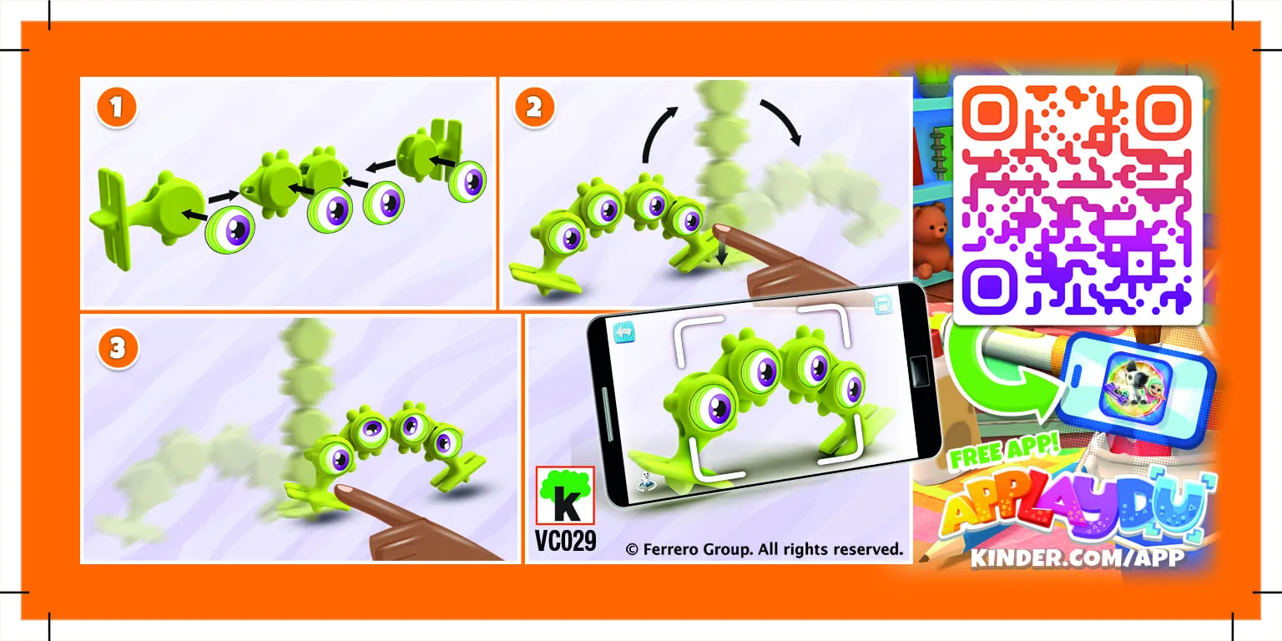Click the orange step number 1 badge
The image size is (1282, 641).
click(117, 108)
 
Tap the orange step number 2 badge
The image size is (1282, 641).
click(534, 108)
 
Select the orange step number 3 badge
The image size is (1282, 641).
click(117, 348)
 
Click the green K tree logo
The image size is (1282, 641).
click(565, 497)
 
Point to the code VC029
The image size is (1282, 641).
click(566, 541)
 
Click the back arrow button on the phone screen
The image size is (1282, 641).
click(624, 331)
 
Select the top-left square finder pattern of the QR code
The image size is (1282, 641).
click(988, 113)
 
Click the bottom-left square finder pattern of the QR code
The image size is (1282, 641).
click(988, 288)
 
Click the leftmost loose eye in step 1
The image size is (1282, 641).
click(230, 230)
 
